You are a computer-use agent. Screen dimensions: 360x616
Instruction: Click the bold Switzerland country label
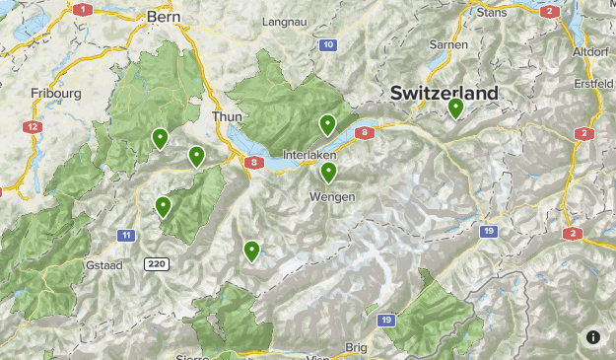pyautogui.click(x=444, y=92)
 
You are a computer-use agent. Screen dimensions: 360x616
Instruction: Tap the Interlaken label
pyautogui.click(x=309, y=156)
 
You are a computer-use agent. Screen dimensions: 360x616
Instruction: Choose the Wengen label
pyautogui.click(x=331, y=196)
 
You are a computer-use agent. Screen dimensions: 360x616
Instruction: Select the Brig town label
pyautogui.click(x=356, y=347)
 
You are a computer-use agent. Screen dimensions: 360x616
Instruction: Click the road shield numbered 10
pyautogui.click(x=328, y=44)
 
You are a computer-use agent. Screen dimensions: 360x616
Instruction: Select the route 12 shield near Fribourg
pyautogui.click(x=34, y=127)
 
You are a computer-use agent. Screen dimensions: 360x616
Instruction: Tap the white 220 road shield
pyautogui.click(x=156, y=264)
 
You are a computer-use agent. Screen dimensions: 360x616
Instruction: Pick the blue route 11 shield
pyautogui.click(x=126, y=235)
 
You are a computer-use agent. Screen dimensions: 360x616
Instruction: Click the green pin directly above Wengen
pyautogui.click(x=328, y=172)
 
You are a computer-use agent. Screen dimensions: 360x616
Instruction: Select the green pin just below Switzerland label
pyautogui.click(x=455, y=108)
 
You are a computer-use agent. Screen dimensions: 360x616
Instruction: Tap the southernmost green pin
pyautogui.click(x=252, y=251)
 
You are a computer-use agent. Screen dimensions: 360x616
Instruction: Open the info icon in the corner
pyautogui.click(x=593, y=337)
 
